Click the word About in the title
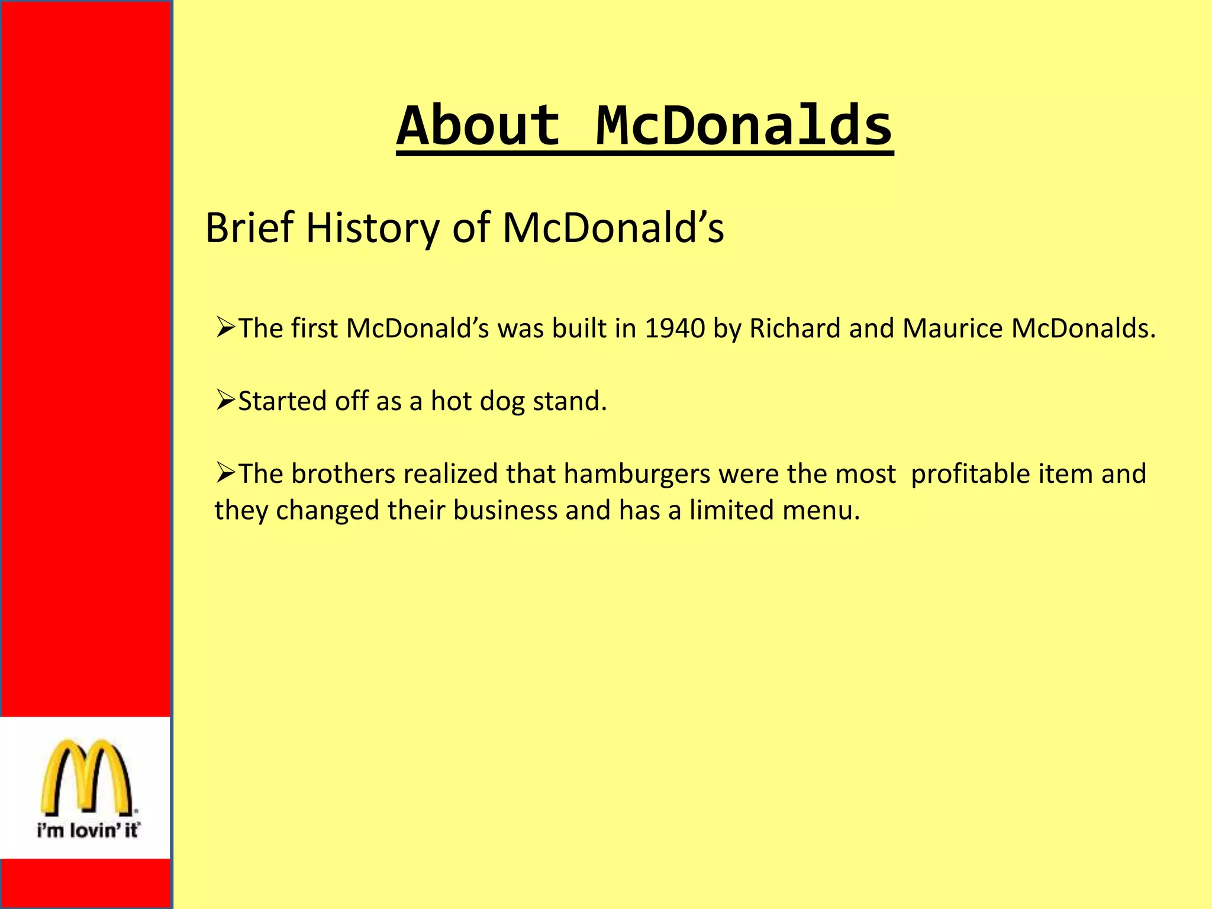(x=478, y=125)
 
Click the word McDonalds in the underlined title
(x=744, y=125)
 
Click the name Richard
(x=795, y=328)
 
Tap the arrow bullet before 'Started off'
(x=225, y=400)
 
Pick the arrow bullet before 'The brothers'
(x=225, y=473)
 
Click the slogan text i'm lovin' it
(x=88, y=830)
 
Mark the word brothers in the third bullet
(x=343, y=474)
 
